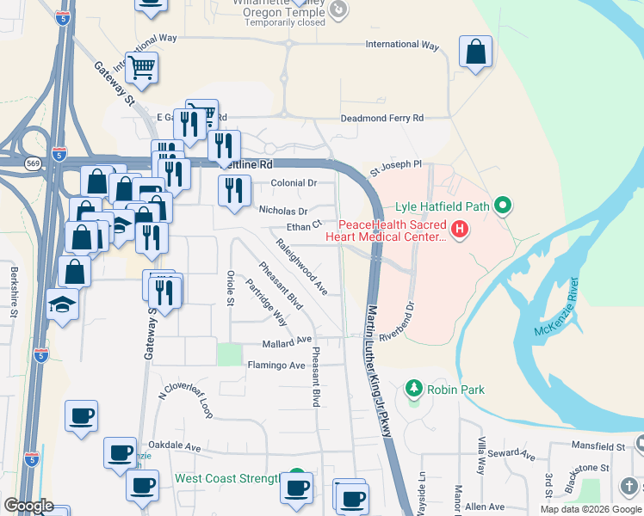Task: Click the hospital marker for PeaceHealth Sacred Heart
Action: point(460,230)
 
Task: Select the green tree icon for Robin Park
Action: point(414,390)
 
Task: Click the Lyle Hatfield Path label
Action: point(442,206)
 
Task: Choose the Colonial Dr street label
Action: point(294,183)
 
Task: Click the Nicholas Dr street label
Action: point(282,210)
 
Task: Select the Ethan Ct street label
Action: point(304,227)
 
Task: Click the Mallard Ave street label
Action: point(287,341)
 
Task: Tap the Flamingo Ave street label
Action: point(276,365)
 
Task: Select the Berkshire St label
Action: point(14,292)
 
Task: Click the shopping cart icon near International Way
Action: point(141,67)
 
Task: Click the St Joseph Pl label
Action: point(396,163)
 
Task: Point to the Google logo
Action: point(29,506)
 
